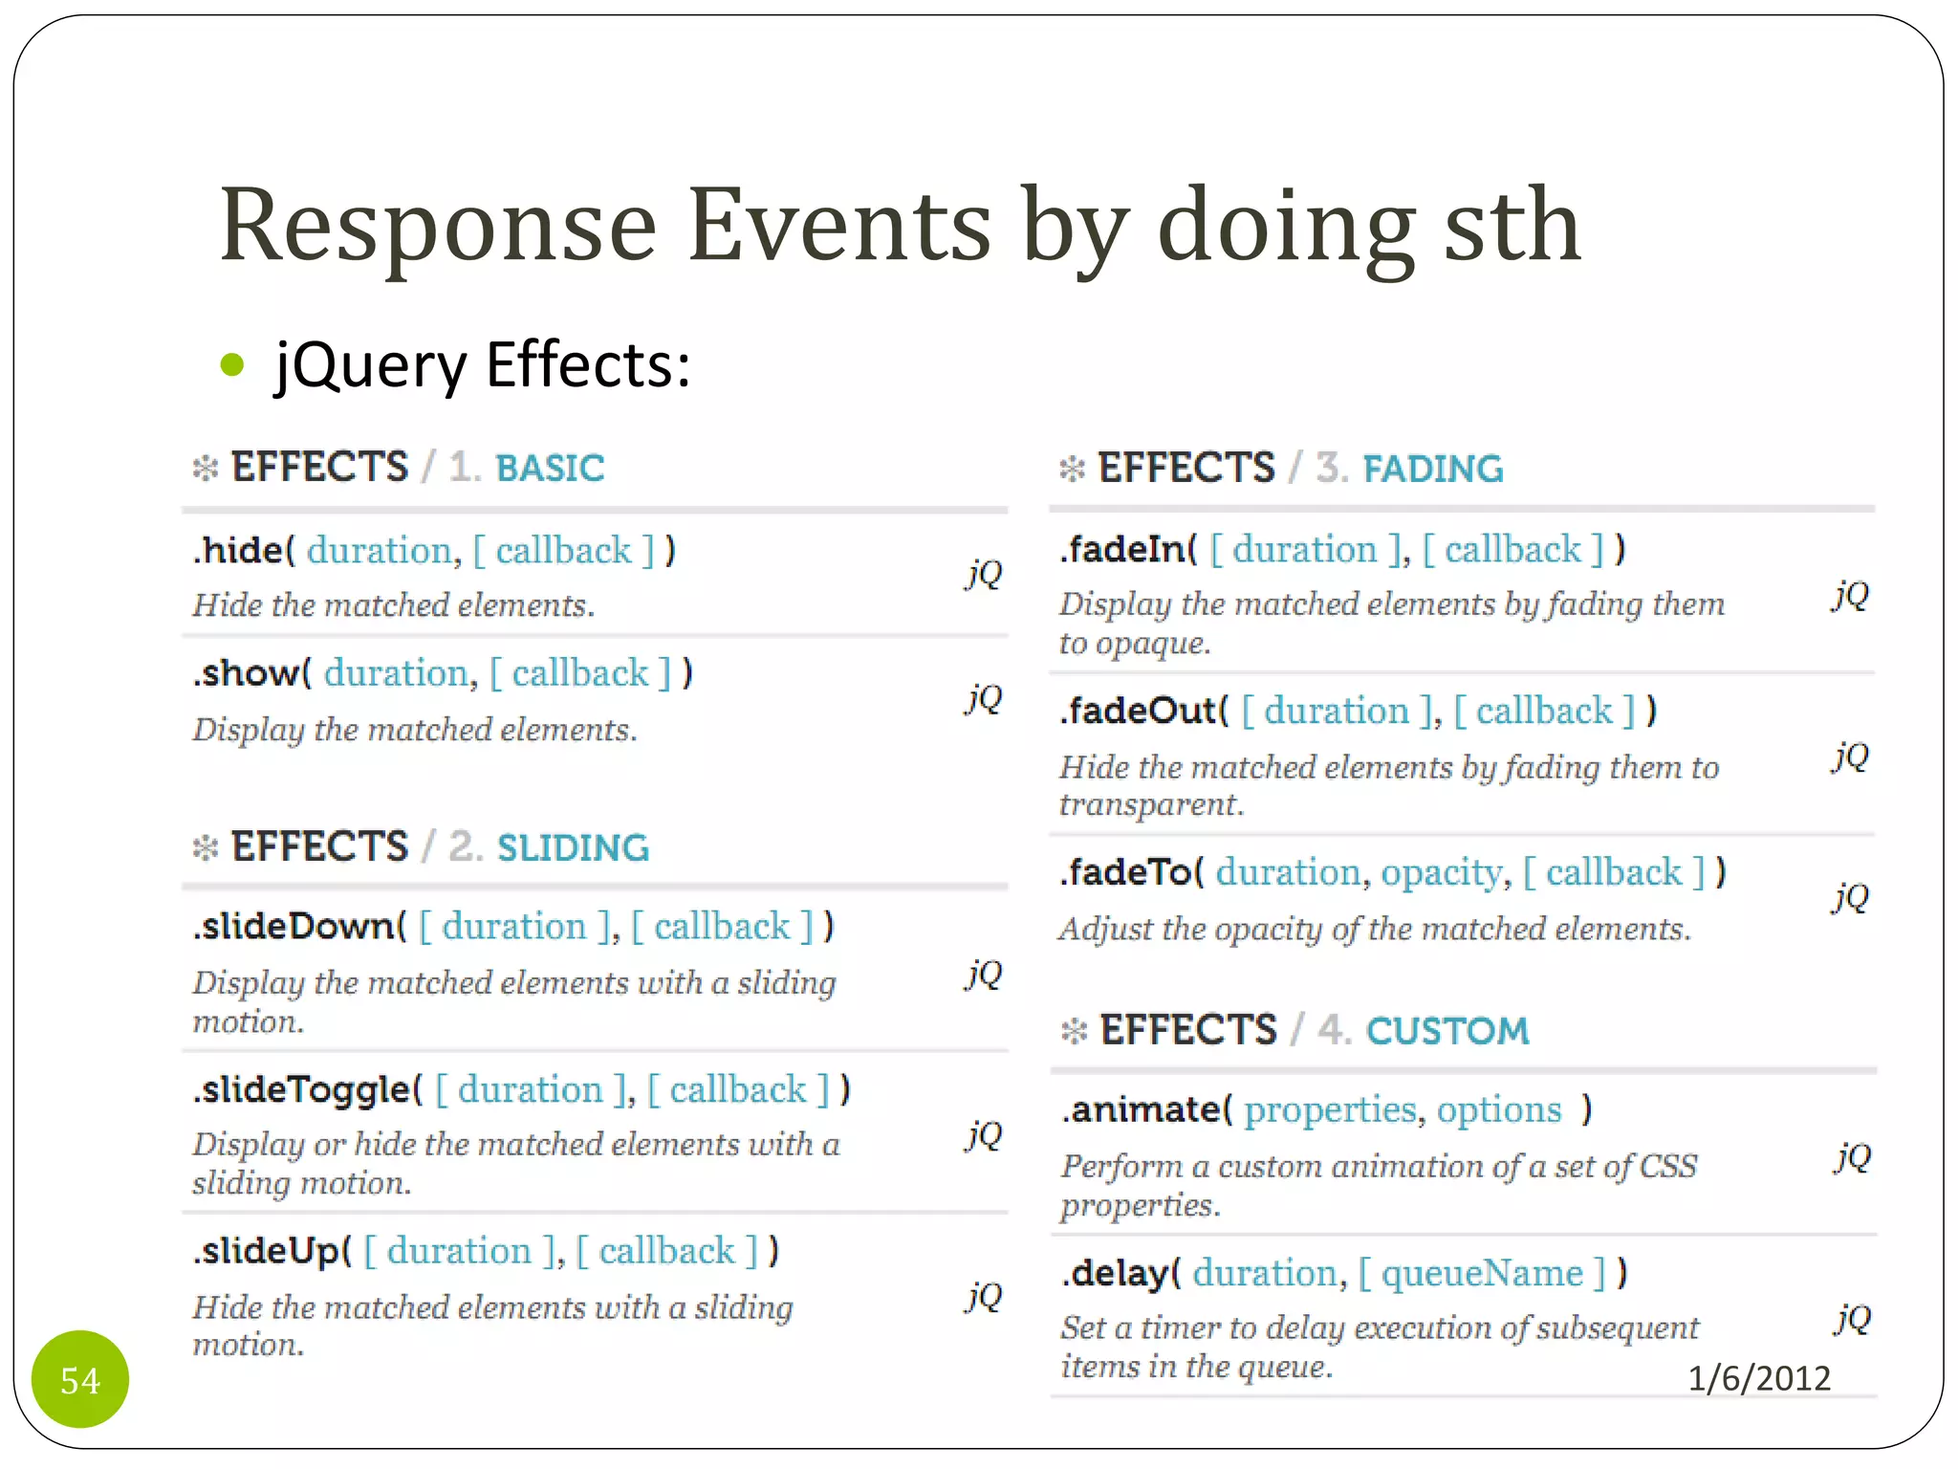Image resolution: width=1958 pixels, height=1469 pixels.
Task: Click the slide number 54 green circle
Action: [80, 1379]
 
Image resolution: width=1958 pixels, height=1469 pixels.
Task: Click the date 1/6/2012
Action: [1759, 1378]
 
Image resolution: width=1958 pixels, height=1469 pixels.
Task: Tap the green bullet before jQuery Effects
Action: [232, 364]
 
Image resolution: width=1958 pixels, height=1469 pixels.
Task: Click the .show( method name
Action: [251, 673]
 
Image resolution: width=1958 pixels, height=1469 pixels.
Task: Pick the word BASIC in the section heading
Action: [550, 469]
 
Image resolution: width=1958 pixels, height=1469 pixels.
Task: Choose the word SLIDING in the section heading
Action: [573, 848]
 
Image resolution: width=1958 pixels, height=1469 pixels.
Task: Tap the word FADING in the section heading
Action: [1432, 469]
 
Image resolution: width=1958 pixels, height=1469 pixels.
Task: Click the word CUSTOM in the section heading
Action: [1447, 1031]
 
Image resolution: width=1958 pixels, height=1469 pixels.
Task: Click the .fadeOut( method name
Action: [1143, 712]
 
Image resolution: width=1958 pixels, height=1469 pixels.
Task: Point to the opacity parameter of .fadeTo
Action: [1441, 873]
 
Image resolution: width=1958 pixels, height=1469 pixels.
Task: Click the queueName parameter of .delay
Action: [1482, 1274]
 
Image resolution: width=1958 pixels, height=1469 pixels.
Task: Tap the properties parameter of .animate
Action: [1329, 1110]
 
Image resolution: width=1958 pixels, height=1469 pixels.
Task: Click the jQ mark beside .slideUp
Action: [984, 1296]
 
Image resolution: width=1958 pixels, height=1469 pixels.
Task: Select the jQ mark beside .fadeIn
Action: [1851, 595]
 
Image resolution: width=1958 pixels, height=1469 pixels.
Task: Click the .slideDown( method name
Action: [299, 927]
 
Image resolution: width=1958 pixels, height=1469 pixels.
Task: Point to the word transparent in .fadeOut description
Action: [1149, 805]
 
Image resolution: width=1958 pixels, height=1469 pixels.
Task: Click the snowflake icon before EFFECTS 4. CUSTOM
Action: [1074, 1031]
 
